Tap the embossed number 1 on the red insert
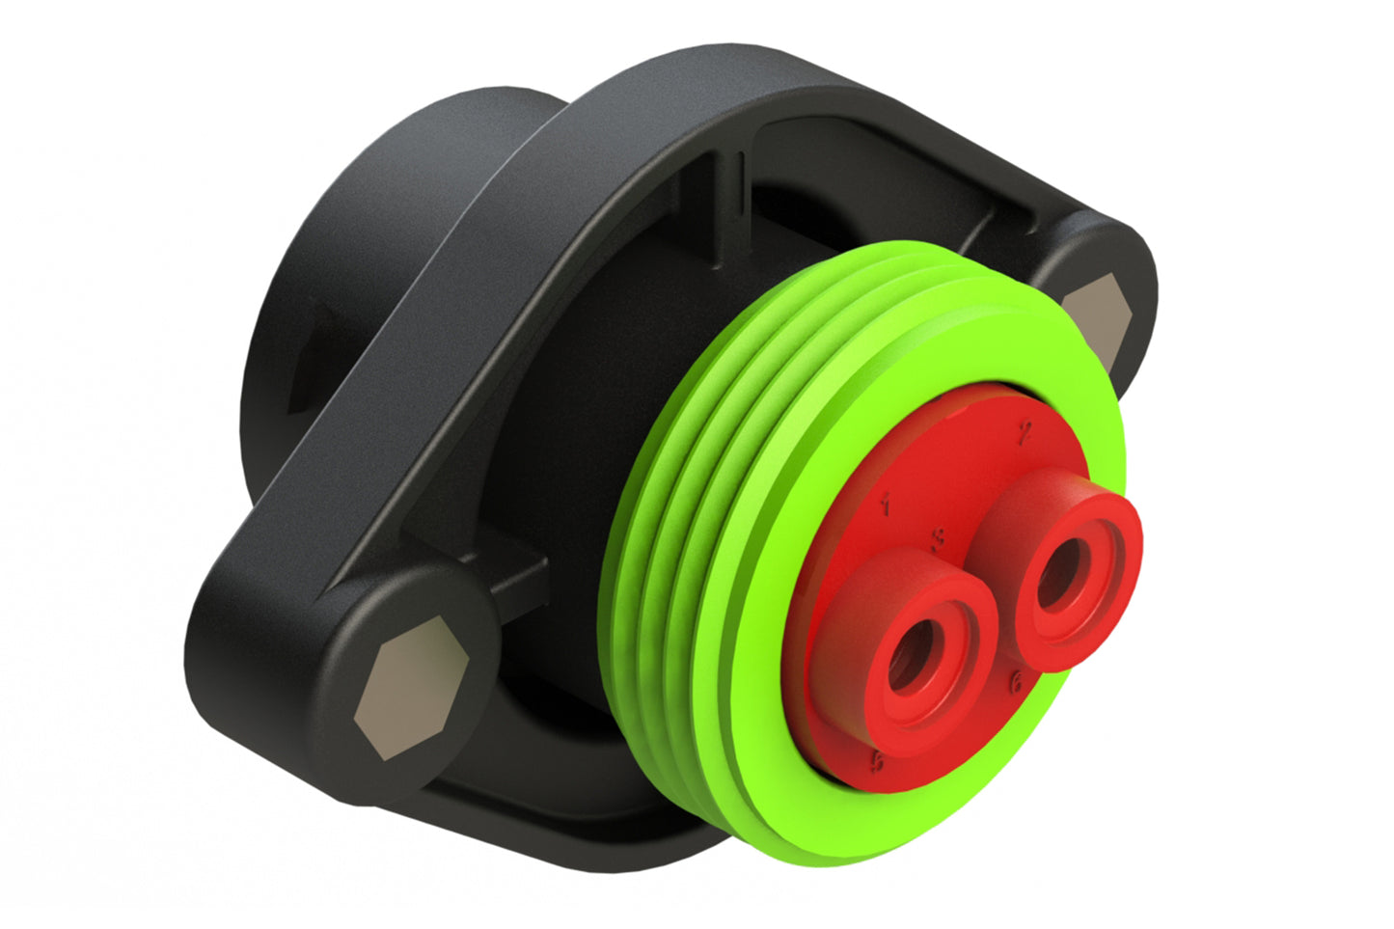885,502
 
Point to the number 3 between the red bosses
937,537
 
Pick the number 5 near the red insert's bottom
877,761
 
